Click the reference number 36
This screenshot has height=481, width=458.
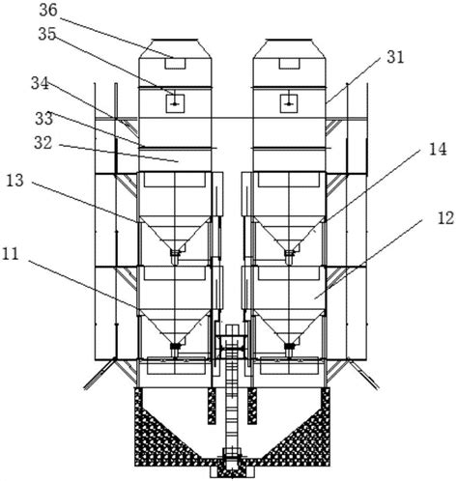[48, 11]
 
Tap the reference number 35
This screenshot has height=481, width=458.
[47, 34]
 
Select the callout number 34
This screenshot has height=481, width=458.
[40, 84]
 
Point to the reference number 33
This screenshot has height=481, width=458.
[44, 119]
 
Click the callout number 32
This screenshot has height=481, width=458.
[43, 143]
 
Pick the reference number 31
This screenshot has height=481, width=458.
[395, 57]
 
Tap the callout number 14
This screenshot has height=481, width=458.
[438, 150]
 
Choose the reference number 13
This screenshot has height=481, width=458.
[15, 181]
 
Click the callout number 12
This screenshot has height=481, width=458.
[445, 218]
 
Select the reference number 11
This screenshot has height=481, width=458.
[11, 255]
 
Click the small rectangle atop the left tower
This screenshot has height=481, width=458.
[175, 63]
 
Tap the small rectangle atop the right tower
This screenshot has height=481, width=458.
[290, 63]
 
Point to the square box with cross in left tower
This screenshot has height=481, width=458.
[175, 103]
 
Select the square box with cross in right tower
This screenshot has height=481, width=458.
[289, 103]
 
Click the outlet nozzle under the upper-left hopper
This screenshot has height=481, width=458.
[175, 257]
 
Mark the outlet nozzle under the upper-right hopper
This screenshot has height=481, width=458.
[289, 257]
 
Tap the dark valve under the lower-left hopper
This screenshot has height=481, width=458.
[175, 347]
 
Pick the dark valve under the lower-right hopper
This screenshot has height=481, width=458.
[289, 347]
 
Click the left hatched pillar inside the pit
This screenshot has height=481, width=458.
[212, 406]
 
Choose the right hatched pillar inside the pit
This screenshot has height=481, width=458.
[252, 406]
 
